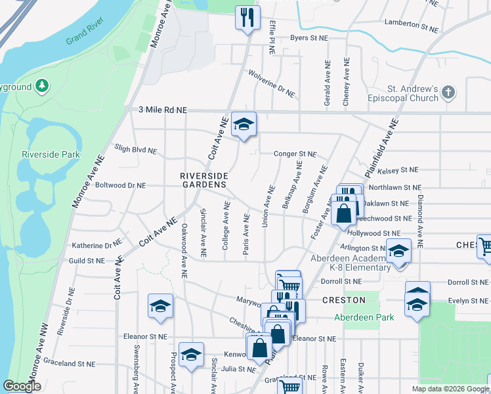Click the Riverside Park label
coord(51,154)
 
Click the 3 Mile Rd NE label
coord(163,110)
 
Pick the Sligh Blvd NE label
coord(136,150)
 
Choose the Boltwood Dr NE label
coord(120,186)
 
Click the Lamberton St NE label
coord(411,24)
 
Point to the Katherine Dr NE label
coord(97,244)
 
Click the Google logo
coord(22,386)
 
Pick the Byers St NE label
coord(309,38)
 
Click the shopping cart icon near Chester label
coord(485,247)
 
